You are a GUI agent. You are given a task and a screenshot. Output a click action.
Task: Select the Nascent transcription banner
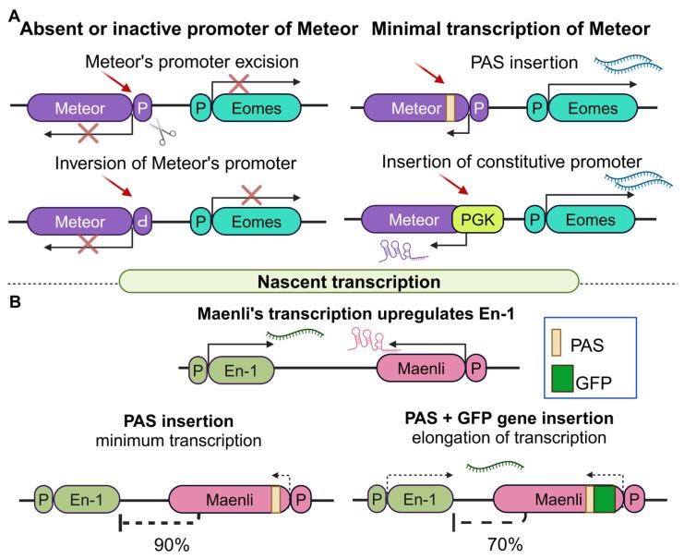click(350, 279)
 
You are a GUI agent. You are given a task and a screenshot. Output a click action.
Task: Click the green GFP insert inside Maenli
click(604, 501)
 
